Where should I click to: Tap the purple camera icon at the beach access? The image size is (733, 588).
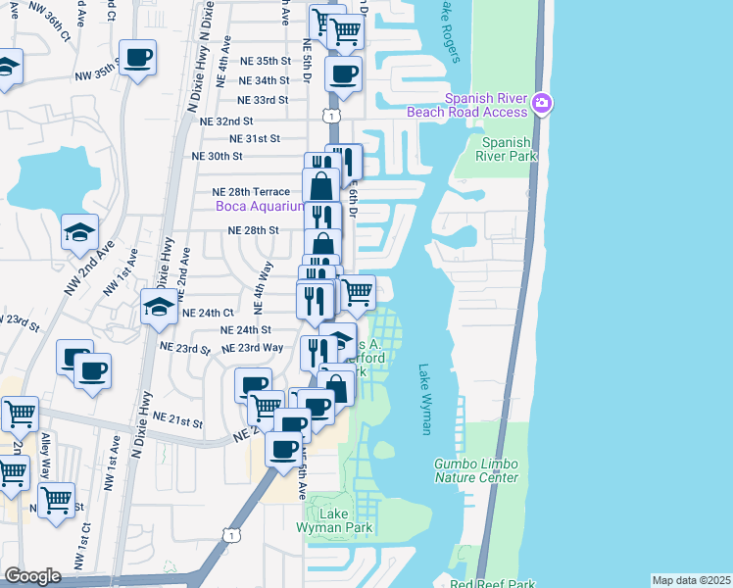click(x=542, y=103)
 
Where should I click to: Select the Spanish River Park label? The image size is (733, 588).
click(x=507, y=147)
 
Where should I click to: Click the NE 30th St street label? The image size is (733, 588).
click(x=218, y=156)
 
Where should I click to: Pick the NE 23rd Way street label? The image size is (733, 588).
click(x=253, y=348)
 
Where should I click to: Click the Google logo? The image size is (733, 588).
click(x=32, y=575)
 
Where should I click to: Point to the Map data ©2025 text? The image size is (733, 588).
click(x=692, y=580)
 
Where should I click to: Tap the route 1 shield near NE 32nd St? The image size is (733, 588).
click(x=333, y=116)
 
